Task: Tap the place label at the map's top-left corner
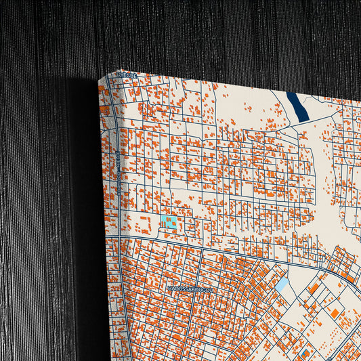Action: coord(127,75)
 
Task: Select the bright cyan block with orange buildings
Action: coord(169,221)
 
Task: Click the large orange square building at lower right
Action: coord(334,312)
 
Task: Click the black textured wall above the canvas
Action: coord(203,34)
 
